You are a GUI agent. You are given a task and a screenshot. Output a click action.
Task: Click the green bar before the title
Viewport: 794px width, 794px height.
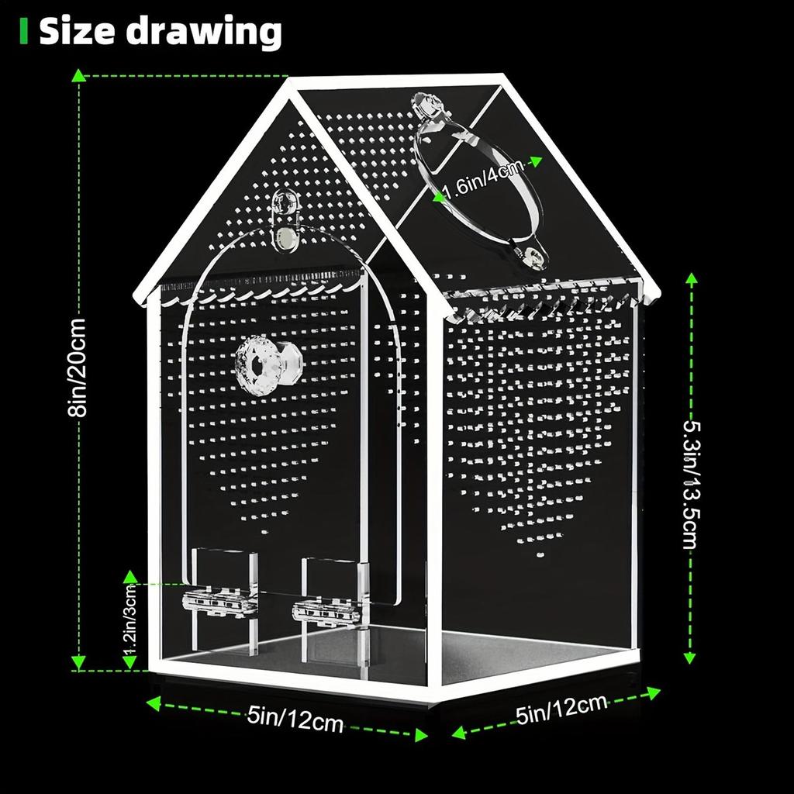pyautogui.click(x=24, y=32)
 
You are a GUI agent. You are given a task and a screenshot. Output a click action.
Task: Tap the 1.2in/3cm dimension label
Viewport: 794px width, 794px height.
pyautogui.click(x=130, y=620)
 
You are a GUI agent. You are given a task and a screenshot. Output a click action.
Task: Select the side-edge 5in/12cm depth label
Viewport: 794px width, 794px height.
pyautogui.click(x=561, y=709)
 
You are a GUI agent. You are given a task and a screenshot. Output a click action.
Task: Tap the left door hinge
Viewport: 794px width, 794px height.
pyautogui.click(x=219, y=601)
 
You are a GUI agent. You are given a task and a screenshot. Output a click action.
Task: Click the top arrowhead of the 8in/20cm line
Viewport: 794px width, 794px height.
pyautogui.click(x=78, y=74)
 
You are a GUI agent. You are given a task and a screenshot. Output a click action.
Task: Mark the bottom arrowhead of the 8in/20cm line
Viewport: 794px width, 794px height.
pyautogui.click(x=78, y=663)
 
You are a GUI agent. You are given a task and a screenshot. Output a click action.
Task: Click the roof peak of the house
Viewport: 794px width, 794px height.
pyautogui.click(x=293, y=83)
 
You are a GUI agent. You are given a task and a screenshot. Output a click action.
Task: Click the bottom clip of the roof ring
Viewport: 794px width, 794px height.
pyautogui.click(x=532, y=255)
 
